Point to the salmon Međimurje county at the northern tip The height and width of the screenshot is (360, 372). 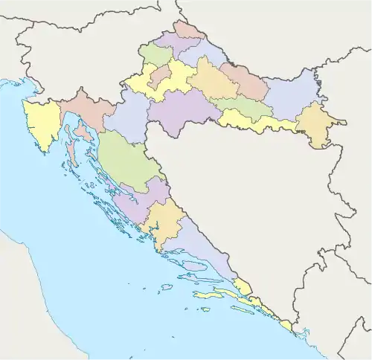(188, 30)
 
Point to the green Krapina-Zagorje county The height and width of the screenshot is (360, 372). (156, 54)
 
